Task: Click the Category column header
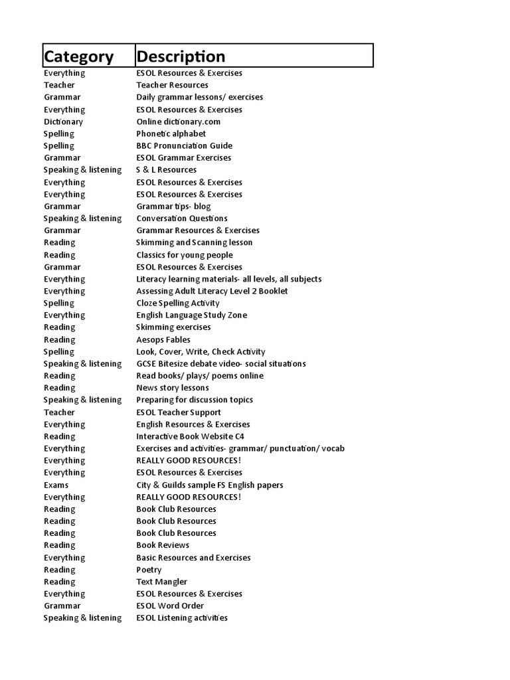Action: [78, 56]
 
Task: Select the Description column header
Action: [181, 56]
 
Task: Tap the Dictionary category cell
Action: [64, 122]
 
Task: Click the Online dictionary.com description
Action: [178, 122]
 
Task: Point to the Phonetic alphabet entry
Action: [171, 133]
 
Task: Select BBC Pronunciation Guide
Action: [184, 145]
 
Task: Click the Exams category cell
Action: [56, 485]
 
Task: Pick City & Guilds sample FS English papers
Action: [209, 485]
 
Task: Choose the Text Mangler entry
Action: [161, 582]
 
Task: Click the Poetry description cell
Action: [149, 570]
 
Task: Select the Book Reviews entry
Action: [163, 545]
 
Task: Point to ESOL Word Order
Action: [170, 606]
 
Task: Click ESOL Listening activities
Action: [182, 618]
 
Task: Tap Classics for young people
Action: [185, 255]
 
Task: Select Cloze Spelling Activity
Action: [177, 303]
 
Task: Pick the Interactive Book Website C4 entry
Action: [190, 436]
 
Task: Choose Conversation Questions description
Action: [182, 218]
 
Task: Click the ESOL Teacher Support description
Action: [178, 412]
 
